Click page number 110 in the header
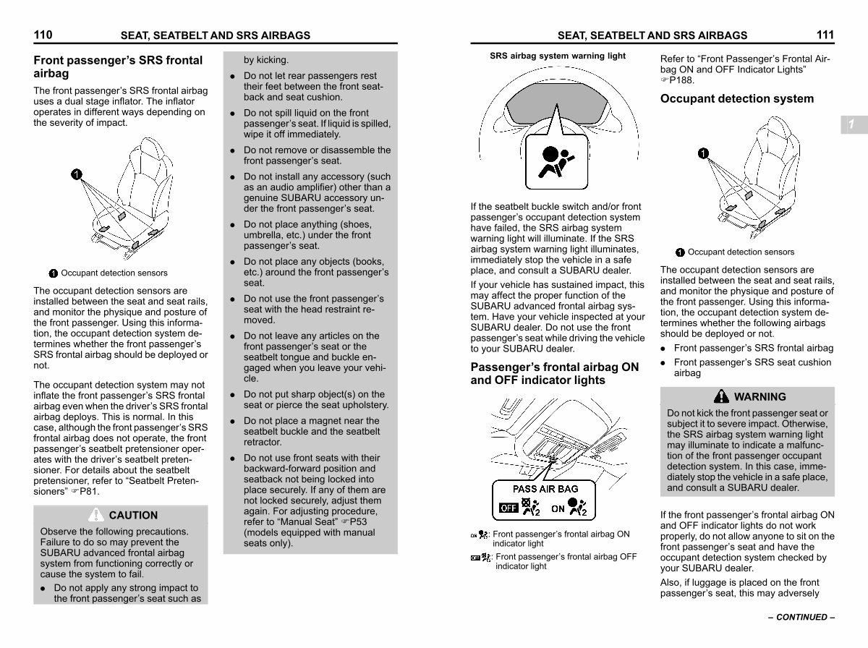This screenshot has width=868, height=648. click(43, 35)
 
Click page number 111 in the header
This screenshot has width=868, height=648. click(825, 35)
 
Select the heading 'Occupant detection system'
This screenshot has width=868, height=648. click(736, 98)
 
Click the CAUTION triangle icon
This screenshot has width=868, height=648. click(95, 514)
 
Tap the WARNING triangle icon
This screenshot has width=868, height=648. click(721, 396)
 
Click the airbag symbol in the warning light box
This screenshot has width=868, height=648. click(556, 161)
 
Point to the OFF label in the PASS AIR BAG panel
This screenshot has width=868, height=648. click(509, 508)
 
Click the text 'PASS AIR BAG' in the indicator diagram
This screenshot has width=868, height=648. click(545, 489)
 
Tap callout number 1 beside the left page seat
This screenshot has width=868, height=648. click(77, 174)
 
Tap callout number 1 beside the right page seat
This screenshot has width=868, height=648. click(703, 153)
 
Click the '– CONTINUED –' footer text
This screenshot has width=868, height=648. click(801, 617)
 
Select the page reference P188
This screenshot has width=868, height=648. click(681, 80)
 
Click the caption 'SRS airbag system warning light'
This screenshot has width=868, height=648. click(558, 56)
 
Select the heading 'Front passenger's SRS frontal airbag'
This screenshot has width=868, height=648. click(118, 67)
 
